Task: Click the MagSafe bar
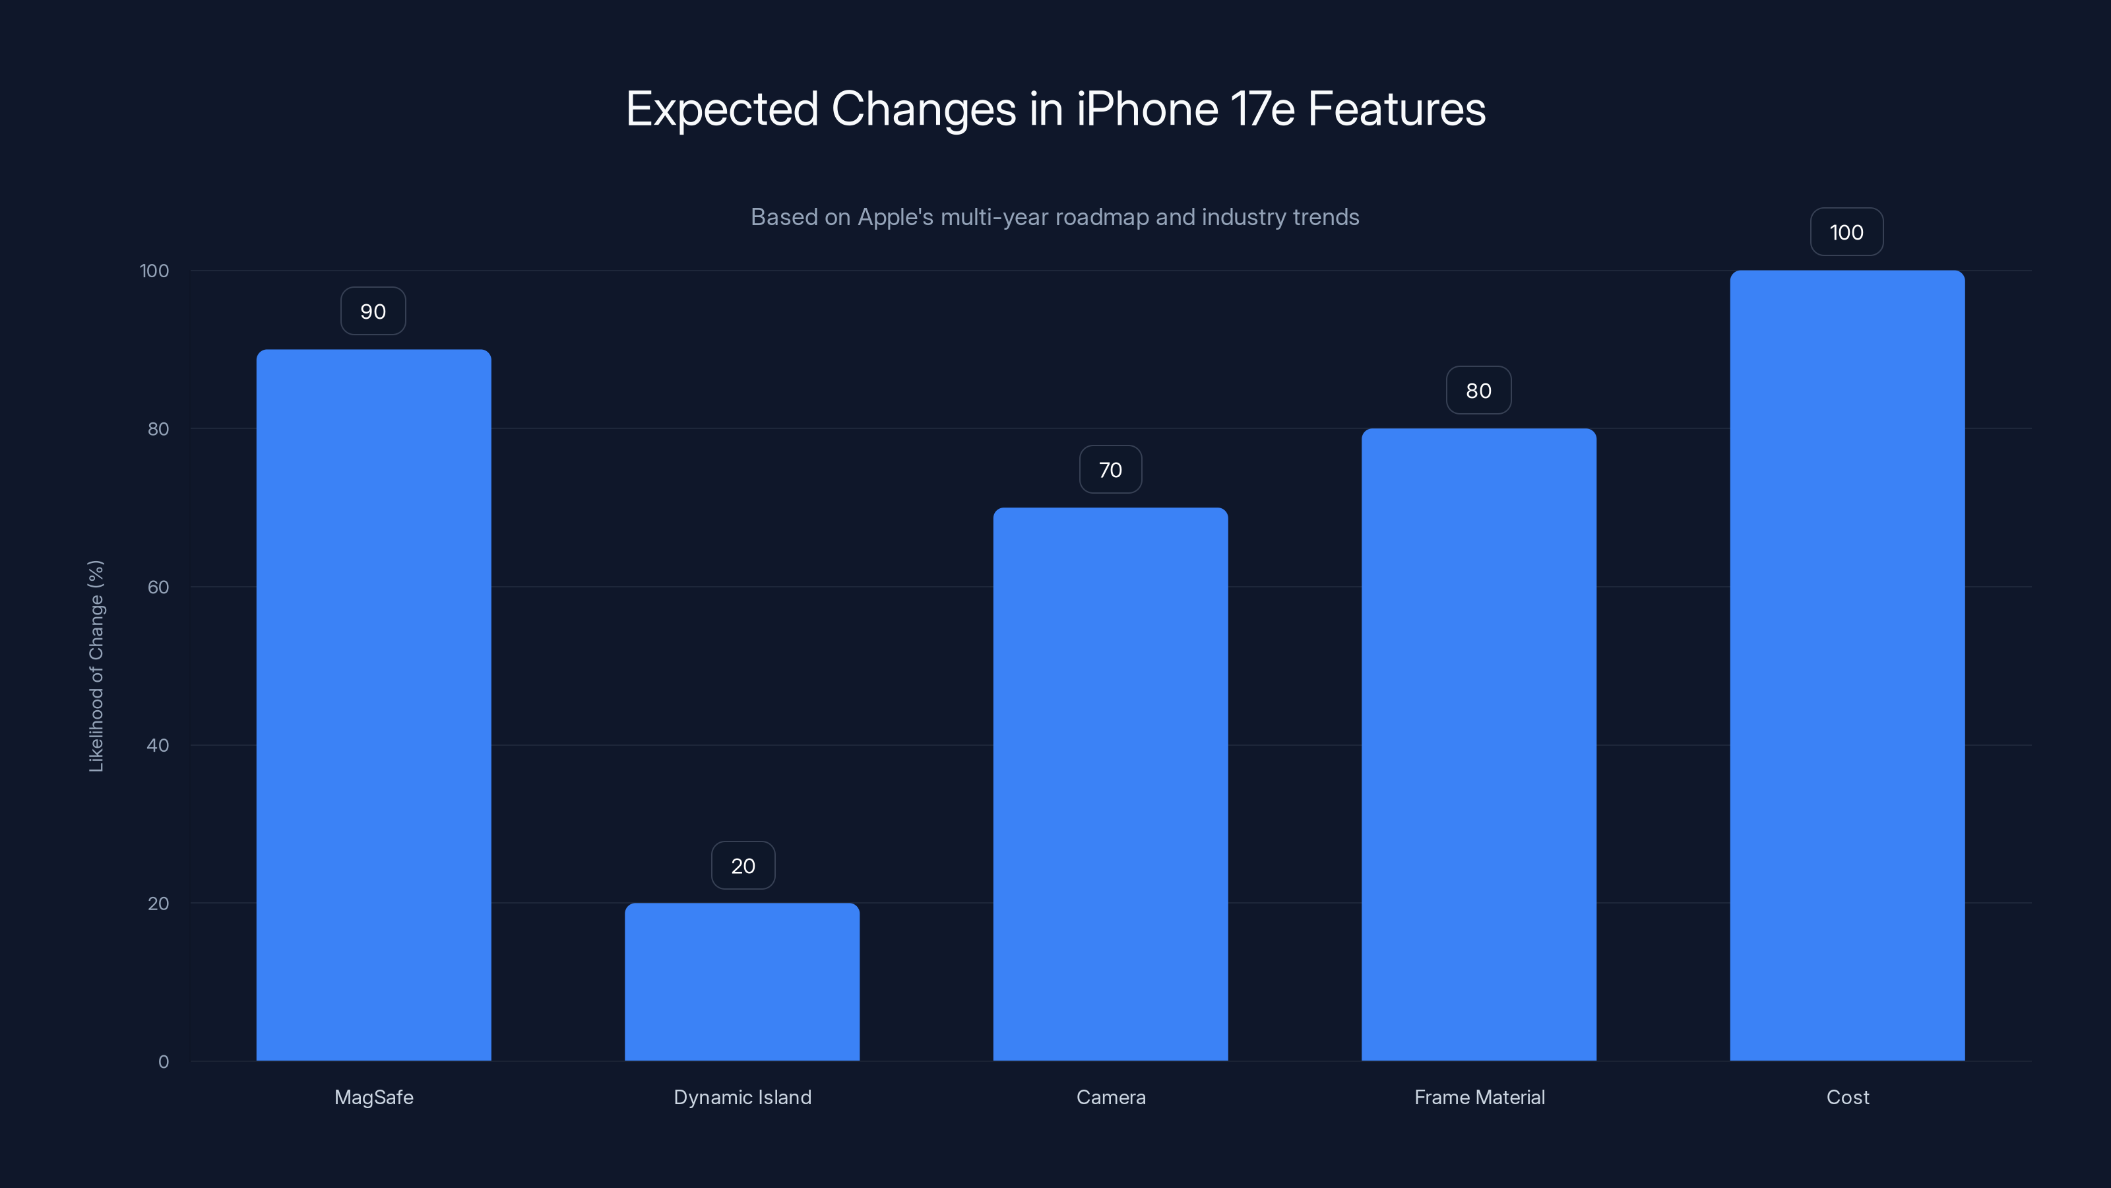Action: click(373, 705)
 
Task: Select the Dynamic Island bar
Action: click(741, 981)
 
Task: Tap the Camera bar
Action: click(1110, 784)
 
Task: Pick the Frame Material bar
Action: click(1478, 744)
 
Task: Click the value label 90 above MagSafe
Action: click(373, 312)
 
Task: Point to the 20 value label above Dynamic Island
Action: click(742, 866)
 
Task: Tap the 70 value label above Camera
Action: click(1110, 470)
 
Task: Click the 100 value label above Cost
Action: click(1846, 232)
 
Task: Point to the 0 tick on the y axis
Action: click(164, 1062)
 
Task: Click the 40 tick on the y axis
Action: click(158, 745)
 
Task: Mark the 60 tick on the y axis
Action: click(158, 587)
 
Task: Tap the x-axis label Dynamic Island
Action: click(742, 1097)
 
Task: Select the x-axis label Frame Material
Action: click(1479, 1097)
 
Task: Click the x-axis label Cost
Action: click(1847, 1097)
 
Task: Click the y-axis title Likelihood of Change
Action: click(96, 666)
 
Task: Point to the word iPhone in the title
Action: click(1147, 109)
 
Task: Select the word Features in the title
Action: click(1397, 109)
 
